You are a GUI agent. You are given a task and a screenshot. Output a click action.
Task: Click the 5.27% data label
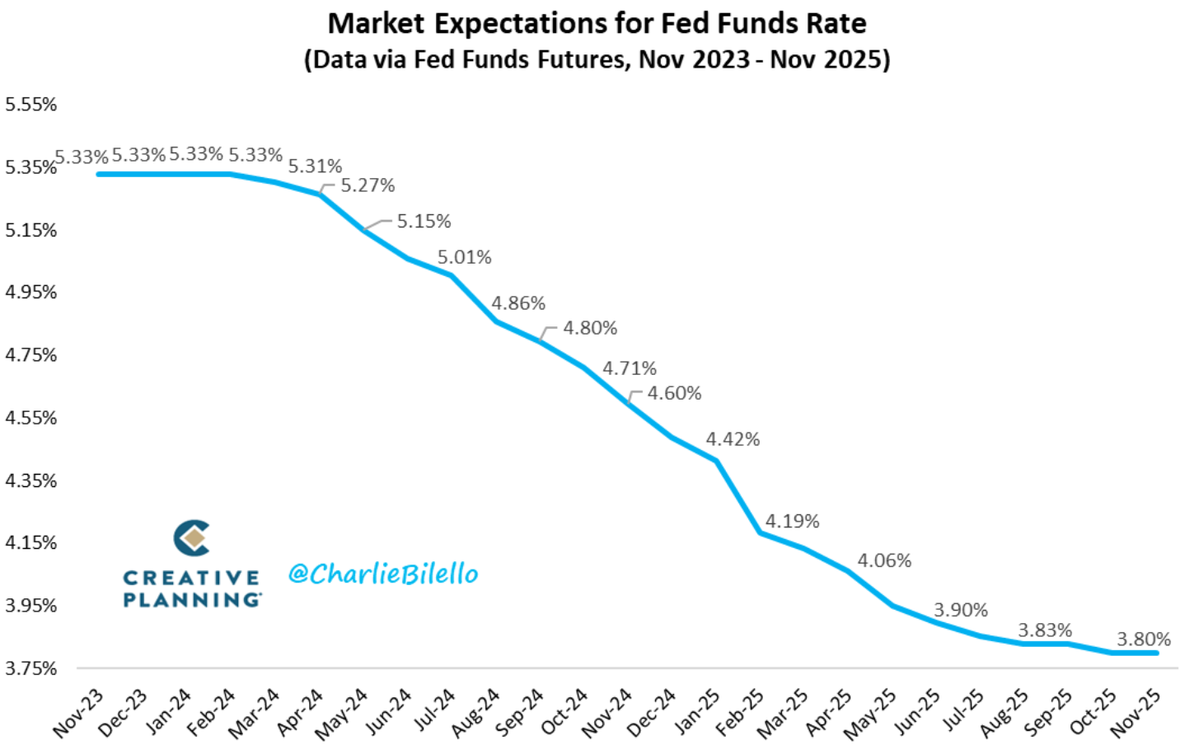point(368,185)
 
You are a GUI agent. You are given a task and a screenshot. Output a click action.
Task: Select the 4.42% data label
point(733,439)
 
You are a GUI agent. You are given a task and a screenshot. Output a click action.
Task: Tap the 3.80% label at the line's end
point(1143,639)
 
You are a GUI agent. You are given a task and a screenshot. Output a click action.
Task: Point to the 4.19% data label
point(792,521)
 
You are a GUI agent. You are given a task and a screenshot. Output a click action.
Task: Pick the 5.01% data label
point(464,257)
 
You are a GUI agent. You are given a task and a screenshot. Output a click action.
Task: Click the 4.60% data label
point(674,393)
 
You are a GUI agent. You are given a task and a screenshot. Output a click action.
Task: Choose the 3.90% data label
point(960,610)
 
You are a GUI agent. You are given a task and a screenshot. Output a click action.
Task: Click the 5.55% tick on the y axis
point(31,105)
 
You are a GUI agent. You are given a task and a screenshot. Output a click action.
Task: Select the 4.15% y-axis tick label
point(31,543)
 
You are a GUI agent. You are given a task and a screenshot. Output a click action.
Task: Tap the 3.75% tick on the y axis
point(31,668)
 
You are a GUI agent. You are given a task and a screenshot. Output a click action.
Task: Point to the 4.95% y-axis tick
point(31,293)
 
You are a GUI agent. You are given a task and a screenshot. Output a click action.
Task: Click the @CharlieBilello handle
point(383,574)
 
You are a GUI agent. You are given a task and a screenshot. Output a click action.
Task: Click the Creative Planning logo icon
point(192,538)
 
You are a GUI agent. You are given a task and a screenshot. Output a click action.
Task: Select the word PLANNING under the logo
point(192,600)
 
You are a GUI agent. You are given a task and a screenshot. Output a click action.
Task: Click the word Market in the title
point(376,23)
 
